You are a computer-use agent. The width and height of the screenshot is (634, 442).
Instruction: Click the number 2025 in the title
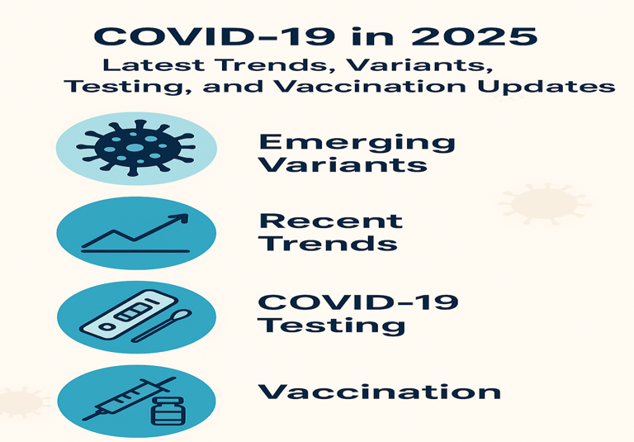pos(474,36)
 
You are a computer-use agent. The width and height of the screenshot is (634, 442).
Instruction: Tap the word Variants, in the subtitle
pos(419,65)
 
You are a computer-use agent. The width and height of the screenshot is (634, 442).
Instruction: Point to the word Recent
pos(331,221)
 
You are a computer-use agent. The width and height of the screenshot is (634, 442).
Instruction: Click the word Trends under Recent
pos(328,243)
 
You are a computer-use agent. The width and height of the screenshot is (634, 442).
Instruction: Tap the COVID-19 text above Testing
pos(358,302)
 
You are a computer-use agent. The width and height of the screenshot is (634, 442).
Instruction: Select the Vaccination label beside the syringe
pos(379,392)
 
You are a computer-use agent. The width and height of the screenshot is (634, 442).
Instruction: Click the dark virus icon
pos(136,148)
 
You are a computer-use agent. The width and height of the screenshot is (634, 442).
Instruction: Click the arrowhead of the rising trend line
pos(182,219)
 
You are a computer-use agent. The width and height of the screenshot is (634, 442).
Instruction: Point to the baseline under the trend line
pos(135,251)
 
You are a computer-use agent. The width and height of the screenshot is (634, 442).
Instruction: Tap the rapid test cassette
pos(129,315)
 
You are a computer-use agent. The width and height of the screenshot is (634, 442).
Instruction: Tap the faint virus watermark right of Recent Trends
pos(544,204)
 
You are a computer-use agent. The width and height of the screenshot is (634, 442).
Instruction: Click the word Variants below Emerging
pos(343,164)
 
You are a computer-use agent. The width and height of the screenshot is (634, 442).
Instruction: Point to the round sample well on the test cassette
pos(106,326)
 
